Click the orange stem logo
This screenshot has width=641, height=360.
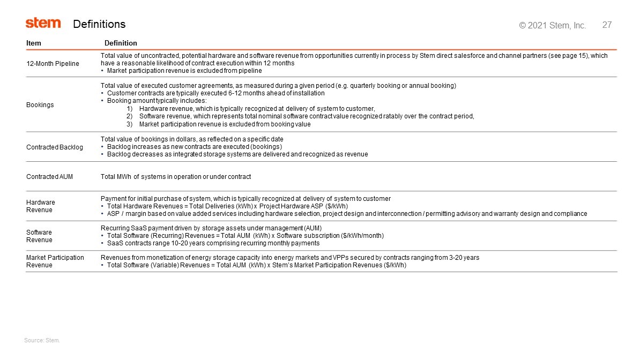43,23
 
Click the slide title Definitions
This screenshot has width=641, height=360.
99,24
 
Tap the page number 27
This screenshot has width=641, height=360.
607,25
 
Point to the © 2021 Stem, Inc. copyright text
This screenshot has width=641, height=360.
553,25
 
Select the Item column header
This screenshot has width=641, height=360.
34,43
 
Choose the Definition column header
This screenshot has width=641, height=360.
121,43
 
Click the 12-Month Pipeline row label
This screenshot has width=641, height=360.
53,64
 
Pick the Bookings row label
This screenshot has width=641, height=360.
40,105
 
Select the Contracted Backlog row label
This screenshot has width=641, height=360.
55,147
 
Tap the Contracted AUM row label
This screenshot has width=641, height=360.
49,177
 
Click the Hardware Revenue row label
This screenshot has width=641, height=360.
41,206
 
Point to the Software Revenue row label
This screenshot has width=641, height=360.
39,236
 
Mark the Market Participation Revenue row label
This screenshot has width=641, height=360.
55,261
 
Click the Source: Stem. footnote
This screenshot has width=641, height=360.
42,340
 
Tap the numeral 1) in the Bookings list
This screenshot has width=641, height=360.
129,109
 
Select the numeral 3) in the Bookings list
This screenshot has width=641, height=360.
129,124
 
